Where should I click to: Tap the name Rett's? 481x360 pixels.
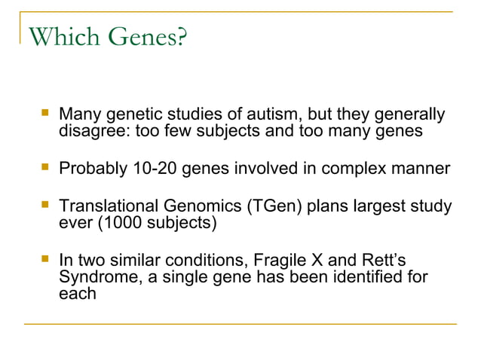click(384, 261)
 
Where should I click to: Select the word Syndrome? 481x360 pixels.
click(94, 277)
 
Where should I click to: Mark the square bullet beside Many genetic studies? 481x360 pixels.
click(45, 114)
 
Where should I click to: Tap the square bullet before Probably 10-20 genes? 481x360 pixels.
click(45, 166)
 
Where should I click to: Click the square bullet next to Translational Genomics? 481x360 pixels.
click(45, 204)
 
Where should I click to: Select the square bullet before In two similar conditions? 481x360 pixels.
click(45, 260)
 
